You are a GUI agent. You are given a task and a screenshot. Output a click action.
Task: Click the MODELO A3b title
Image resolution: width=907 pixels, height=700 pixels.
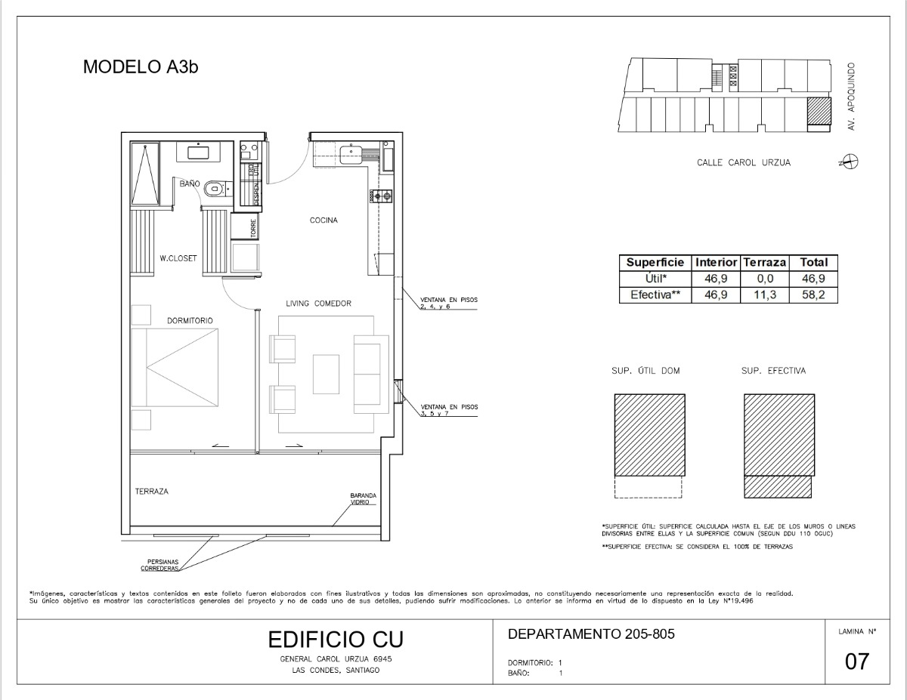point(141,66)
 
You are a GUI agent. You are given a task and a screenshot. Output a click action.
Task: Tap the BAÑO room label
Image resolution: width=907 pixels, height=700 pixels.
point(189,183)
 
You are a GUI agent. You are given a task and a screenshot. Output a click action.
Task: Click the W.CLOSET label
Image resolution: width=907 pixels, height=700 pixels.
point(178,258)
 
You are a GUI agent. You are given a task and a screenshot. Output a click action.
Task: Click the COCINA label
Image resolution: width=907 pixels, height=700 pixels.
point(323,220)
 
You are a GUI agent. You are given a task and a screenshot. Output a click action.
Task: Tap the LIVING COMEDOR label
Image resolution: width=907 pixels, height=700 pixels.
point(318,304)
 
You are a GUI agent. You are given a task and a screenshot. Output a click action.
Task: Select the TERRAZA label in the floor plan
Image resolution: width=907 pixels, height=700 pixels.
point(152,492)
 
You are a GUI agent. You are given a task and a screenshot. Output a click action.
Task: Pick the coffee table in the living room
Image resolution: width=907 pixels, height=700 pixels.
point(327,373)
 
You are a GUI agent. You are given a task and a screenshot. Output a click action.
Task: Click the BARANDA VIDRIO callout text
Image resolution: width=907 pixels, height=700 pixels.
point(363,499)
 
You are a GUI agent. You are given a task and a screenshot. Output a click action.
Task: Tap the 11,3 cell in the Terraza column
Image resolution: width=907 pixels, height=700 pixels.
point(765,295)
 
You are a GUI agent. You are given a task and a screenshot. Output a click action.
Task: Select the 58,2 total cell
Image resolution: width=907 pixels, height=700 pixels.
point(814,295)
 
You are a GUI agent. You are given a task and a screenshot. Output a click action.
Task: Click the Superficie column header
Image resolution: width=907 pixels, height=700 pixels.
point(655,263)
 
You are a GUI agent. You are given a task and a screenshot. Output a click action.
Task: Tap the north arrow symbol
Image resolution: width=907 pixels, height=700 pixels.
point(851,162)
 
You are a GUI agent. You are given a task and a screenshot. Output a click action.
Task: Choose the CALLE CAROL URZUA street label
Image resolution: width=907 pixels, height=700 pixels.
point(743,162)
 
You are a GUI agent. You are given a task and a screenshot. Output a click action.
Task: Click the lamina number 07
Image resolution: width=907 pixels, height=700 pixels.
point(857,662)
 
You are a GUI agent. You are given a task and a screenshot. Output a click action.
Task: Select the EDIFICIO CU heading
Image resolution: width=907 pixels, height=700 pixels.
point(336,640)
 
